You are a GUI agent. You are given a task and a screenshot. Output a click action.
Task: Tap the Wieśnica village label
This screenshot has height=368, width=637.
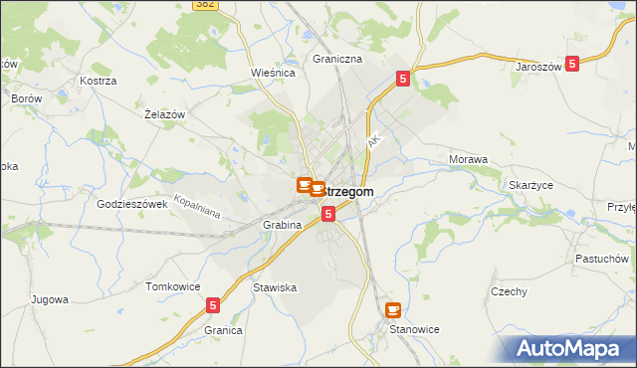(269, 73)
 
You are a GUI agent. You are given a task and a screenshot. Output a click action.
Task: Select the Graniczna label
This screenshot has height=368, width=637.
(337, 59)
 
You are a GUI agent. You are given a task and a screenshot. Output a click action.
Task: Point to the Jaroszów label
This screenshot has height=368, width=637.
(539, 67)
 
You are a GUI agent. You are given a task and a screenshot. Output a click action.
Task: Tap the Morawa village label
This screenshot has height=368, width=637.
(468, 159)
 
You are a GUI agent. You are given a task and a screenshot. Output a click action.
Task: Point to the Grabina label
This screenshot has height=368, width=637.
(283, 226)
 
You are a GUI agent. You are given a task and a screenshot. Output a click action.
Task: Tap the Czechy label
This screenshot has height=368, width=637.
(509, 291)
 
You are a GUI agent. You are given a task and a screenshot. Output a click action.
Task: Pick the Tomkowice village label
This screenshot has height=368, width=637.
(168, 286)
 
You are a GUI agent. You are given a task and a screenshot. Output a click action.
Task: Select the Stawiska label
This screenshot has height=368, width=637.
(275, 287)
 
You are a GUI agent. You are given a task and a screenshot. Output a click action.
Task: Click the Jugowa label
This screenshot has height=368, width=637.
(49, 299)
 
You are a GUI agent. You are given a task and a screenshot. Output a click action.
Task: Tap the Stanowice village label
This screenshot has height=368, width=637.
(414, 329)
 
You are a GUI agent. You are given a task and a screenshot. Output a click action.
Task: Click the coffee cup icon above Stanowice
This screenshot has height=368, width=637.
(393, 310)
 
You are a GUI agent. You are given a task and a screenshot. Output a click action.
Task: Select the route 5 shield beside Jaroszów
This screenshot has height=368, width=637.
(572, 64)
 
